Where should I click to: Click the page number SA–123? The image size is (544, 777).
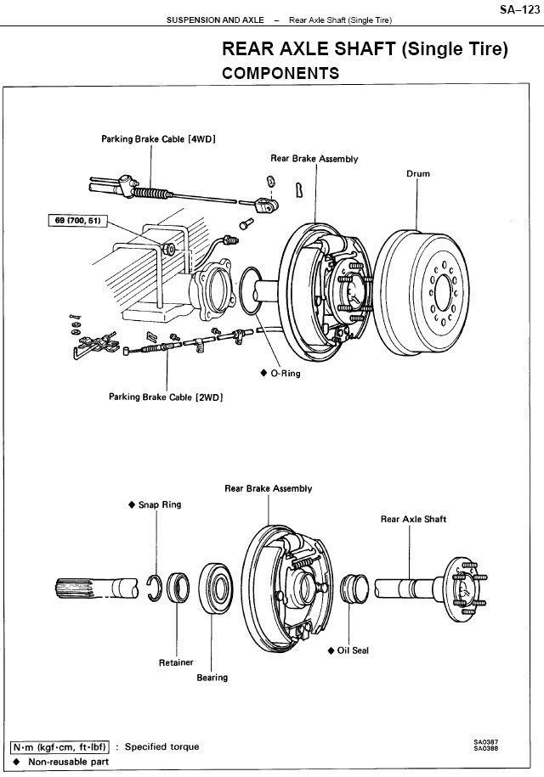(x=519, y=9)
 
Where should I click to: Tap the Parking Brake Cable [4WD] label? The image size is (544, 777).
(x=159, y=139)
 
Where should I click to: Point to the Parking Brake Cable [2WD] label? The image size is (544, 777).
(x=166, y=397)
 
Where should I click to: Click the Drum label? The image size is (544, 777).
(x=418, y=173)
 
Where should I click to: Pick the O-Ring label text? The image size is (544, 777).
(x=285, y=373)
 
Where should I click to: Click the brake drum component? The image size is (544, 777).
(x=422, y=292)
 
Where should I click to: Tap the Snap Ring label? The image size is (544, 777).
(x=160, y=504)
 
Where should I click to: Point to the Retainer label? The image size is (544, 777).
(x=176, y=662)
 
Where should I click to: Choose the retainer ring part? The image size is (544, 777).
(x=178, y=588)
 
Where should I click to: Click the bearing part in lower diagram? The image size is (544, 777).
(x=216, y=588)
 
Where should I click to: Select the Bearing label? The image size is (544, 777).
(x=212, y=678)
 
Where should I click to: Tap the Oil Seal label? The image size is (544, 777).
(x=353, y=650)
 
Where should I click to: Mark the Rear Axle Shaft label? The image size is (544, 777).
(x=414, y=519)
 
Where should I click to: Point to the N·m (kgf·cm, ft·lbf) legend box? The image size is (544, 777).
(x=59, y=746)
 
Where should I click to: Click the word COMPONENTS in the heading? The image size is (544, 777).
(x=280, y=73)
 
